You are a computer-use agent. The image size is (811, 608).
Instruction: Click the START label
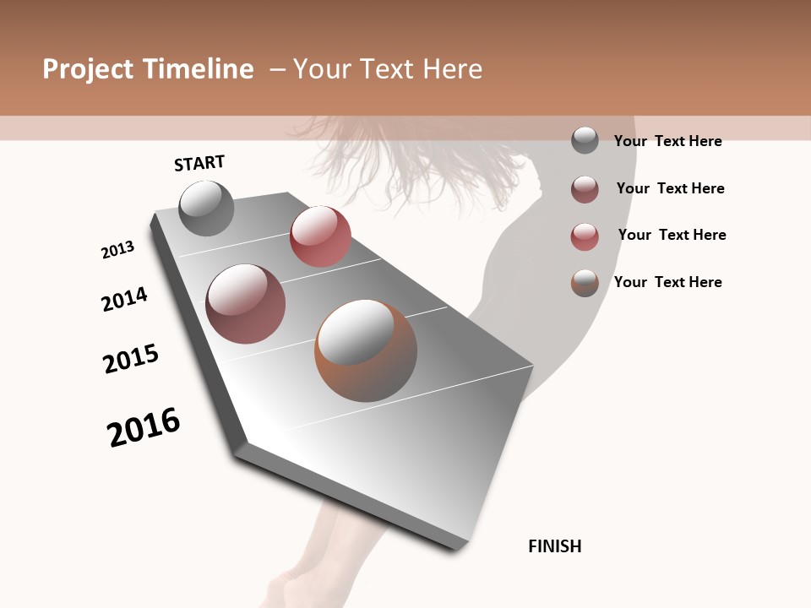[199, 163]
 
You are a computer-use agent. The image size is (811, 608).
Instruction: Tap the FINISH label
[555, 546]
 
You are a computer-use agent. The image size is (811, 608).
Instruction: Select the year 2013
[118, 250]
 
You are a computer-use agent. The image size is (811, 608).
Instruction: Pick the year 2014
[125, 299]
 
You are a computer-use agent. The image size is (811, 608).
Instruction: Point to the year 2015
[131, 359]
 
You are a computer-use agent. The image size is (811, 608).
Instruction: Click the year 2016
[144, 427]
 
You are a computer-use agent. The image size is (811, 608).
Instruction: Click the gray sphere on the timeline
[206, 208]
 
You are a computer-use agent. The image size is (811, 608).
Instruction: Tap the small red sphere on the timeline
[320, 236]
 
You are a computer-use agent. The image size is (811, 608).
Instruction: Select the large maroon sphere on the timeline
[246, 304]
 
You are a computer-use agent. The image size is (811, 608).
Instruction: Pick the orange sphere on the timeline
[366, 350]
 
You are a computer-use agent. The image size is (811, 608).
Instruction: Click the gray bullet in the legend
[585, 140]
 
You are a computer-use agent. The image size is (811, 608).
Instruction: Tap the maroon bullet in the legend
[585, 189]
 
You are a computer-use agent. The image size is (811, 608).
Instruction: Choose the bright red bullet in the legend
[585, 236]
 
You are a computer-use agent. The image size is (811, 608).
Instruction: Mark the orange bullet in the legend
[585, 283]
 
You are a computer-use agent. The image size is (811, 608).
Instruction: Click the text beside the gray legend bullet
[667, 141]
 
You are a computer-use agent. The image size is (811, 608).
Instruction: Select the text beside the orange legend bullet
[667, 282]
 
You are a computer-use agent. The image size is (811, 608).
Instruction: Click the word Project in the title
[88, 69]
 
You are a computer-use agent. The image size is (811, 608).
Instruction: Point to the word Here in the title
[451, 69]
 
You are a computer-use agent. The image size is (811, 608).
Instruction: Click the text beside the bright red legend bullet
[672, 235]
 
